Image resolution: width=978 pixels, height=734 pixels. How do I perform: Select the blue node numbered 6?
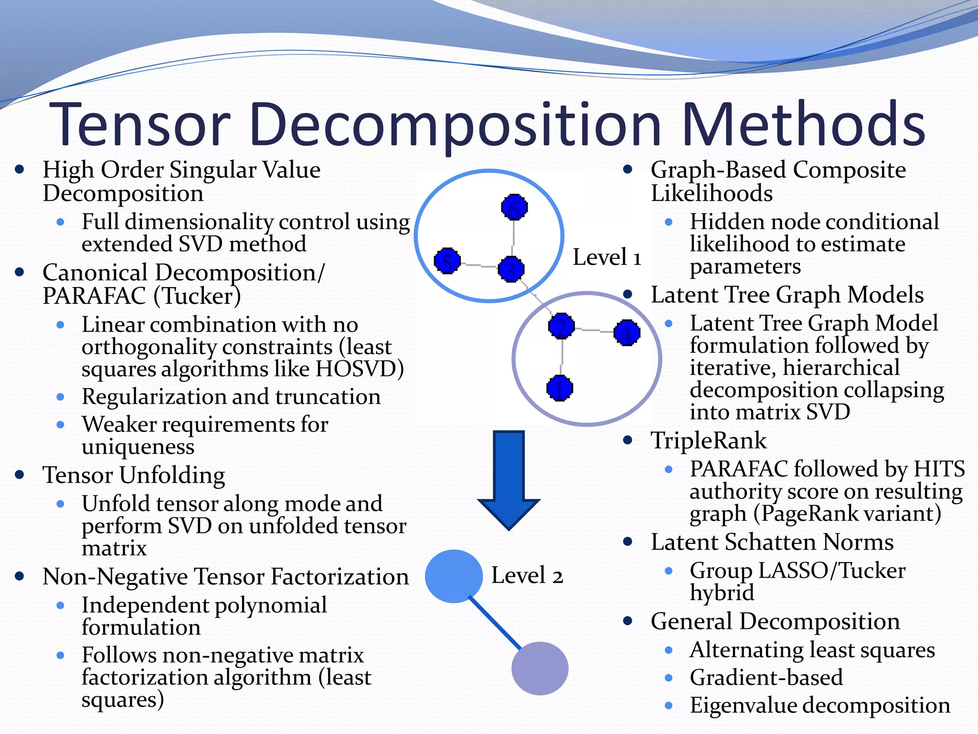pyautogui.click(x=514, y=207)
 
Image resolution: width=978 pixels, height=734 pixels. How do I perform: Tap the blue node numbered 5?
pyautogui.click(x=447, y=261)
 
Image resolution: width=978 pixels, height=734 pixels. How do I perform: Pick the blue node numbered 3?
pyautogui.click(x=511, y=270)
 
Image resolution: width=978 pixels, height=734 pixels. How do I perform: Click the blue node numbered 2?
pyautogui.click(x=562, y=326)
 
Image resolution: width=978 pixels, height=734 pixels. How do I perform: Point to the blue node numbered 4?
pyautogui.click(x=627, y=333)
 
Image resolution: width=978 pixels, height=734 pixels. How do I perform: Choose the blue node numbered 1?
pyautogui.click(x=560, y=388)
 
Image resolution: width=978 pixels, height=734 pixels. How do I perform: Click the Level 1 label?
pyautogui.click(x=606, y=258)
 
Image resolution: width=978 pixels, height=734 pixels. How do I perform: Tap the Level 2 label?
pyautogui.click(x=527, y=575)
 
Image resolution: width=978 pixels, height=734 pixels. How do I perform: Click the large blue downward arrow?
pyautogui.click(x=509, y=478)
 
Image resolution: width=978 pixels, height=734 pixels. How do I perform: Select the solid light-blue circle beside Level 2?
pyautogui.click(x=454, y=576)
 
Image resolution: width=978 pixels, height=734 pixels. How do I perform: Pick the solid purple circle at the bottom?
pyautogui.click(x=540, y=668)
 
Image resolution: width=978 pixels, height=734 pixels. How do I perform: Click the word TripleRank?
pyautogui.click(x=709, y=441)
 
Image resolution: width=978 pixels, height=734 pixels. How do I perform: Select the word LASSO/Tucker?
pyautogui.click(x=832, y=571)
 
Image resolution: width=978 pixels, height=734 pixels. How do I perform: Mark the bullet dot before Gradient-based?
pyautogui.click(x=669, y=678)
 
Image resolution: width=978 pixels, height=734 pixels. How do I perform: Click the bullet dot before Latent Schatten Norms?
pyautogui.click(x=628, y=542)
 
